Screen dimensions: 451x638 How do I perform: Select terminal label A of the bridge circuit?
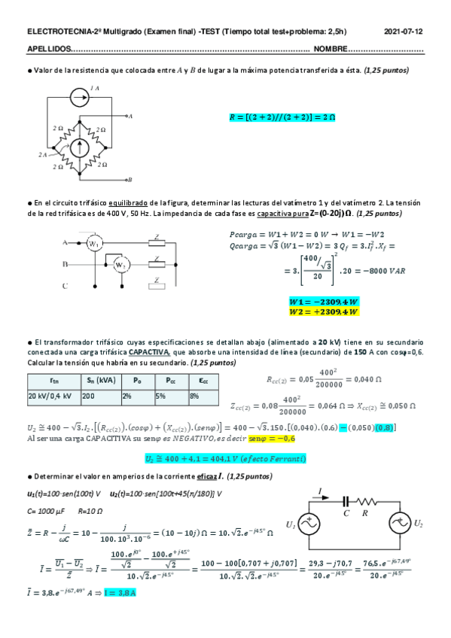coord(130,116)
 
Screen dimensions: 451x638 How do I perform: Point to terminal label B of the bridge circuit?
coord(130,179)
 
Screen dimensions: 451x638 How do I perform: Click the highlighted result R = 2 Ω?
coord(282,117)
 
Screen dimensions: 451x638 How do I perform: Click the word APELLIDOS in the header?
coord(47,50)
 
